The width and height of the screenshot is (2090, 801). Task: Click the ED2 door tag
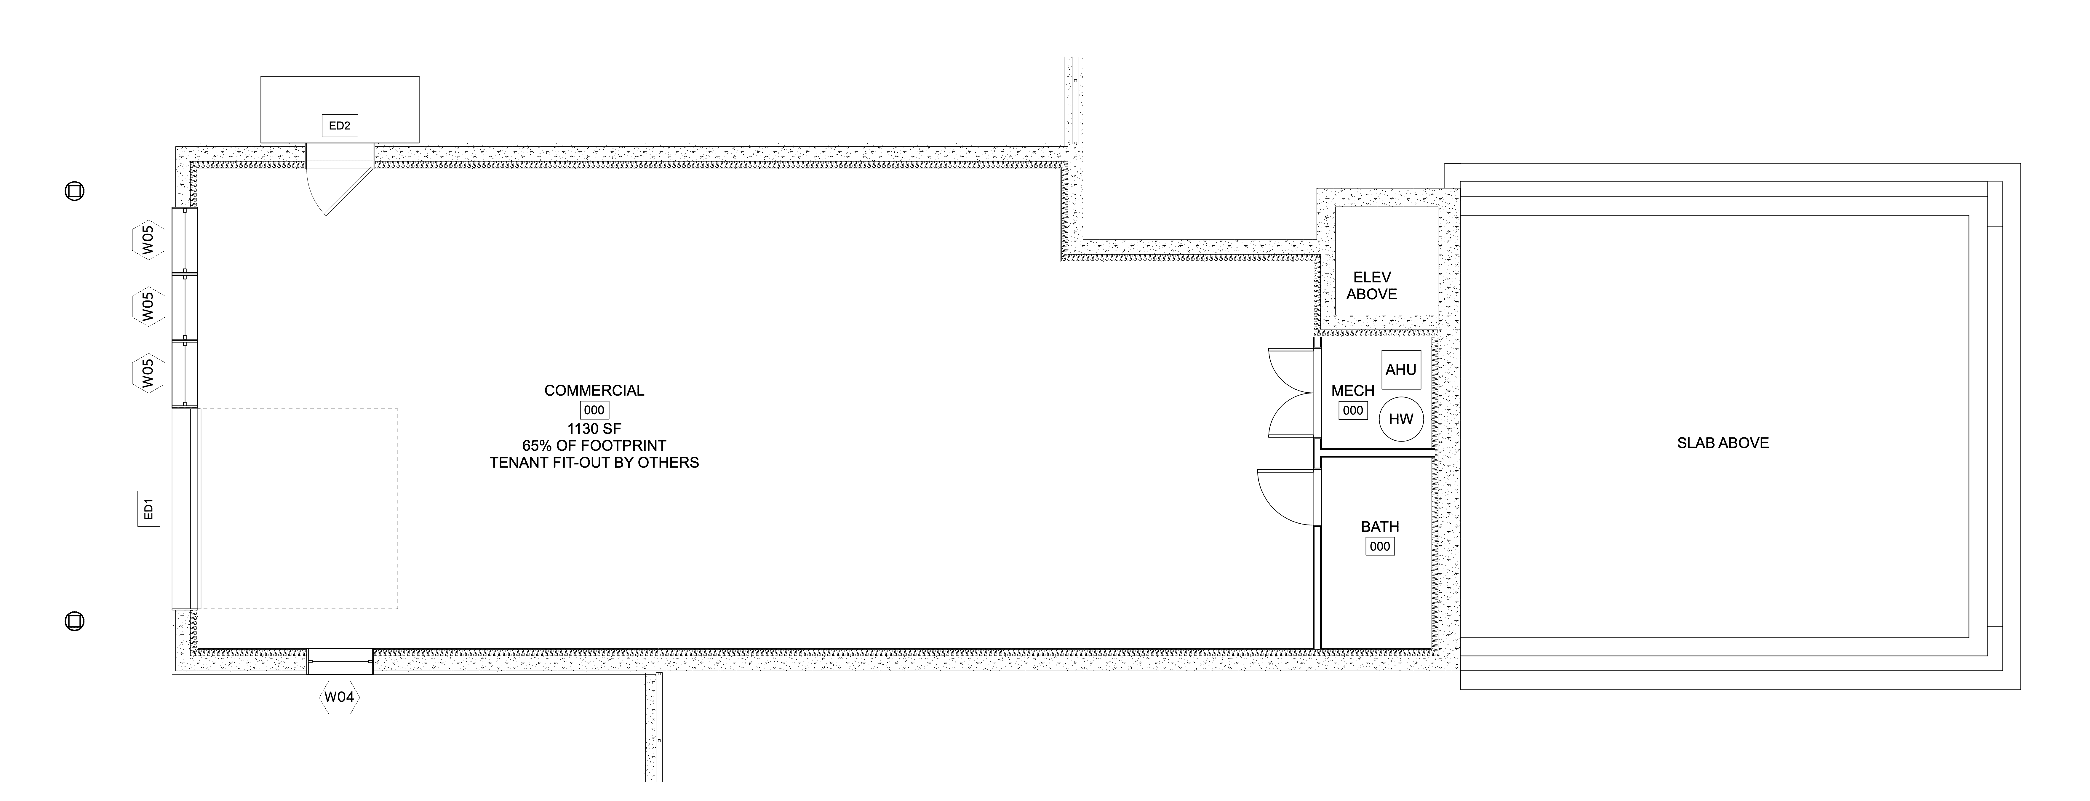[339, 126]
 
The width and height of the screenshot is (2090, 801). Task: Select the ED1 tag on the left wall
[148, 509]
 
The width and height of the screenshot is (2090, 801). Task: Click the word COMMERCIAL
[594, 390]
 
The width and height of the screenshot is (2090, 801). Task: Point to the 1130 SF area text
[594, 429]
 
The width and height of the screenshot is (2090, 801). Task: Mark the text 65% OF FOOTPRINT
[594, 445]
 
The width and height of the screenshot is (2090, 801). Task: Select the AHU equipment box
[1400, 370]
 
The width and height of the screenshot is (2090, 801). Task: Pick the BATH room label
[1379, 527]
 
